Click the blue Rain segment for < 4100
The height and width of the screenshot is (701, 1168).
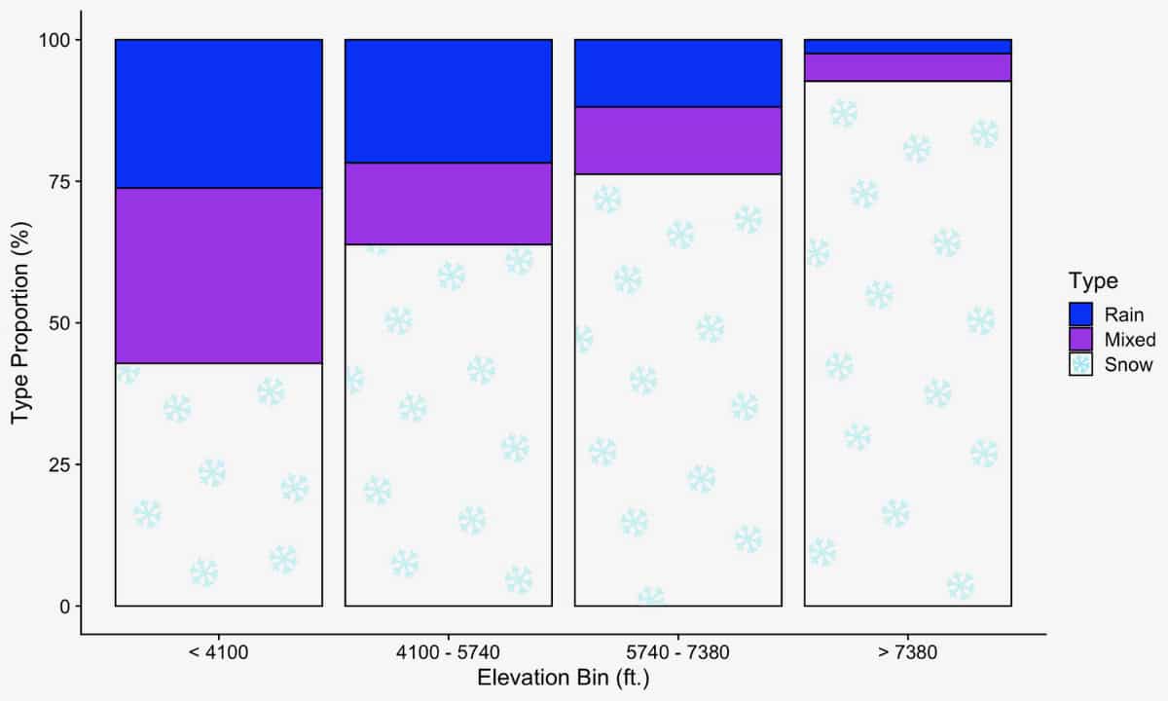click(219, 113)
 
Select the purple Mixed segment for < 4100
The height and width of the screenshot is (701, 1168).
click(219, 276)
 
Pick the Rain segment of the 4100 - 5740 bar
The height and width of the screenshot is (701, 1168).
click(449, 100)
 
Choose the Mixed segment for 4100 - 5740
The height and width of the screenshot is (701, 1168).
click(449, 203)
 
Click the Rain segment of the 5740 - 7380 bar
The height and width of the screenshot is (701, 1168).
click(678, 73)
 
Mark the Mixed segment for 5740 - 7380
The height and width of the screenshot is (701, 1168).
click(678, 140)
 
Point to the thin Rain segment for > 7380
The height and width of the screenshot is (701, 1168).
click(908, 47)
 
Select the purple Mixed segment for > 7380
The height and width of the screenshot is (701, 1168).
click(908, 67)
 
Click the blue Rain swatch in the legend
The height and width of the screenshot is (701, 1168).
click(1081, 314)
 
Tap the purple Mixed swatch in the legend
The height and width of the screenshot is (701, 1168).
click(1081, 340)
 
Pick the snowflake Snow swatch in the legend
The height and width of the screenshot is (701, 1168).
click(1081, 365)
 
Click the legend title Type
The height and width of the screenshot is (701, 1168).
click(1092, 281)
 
